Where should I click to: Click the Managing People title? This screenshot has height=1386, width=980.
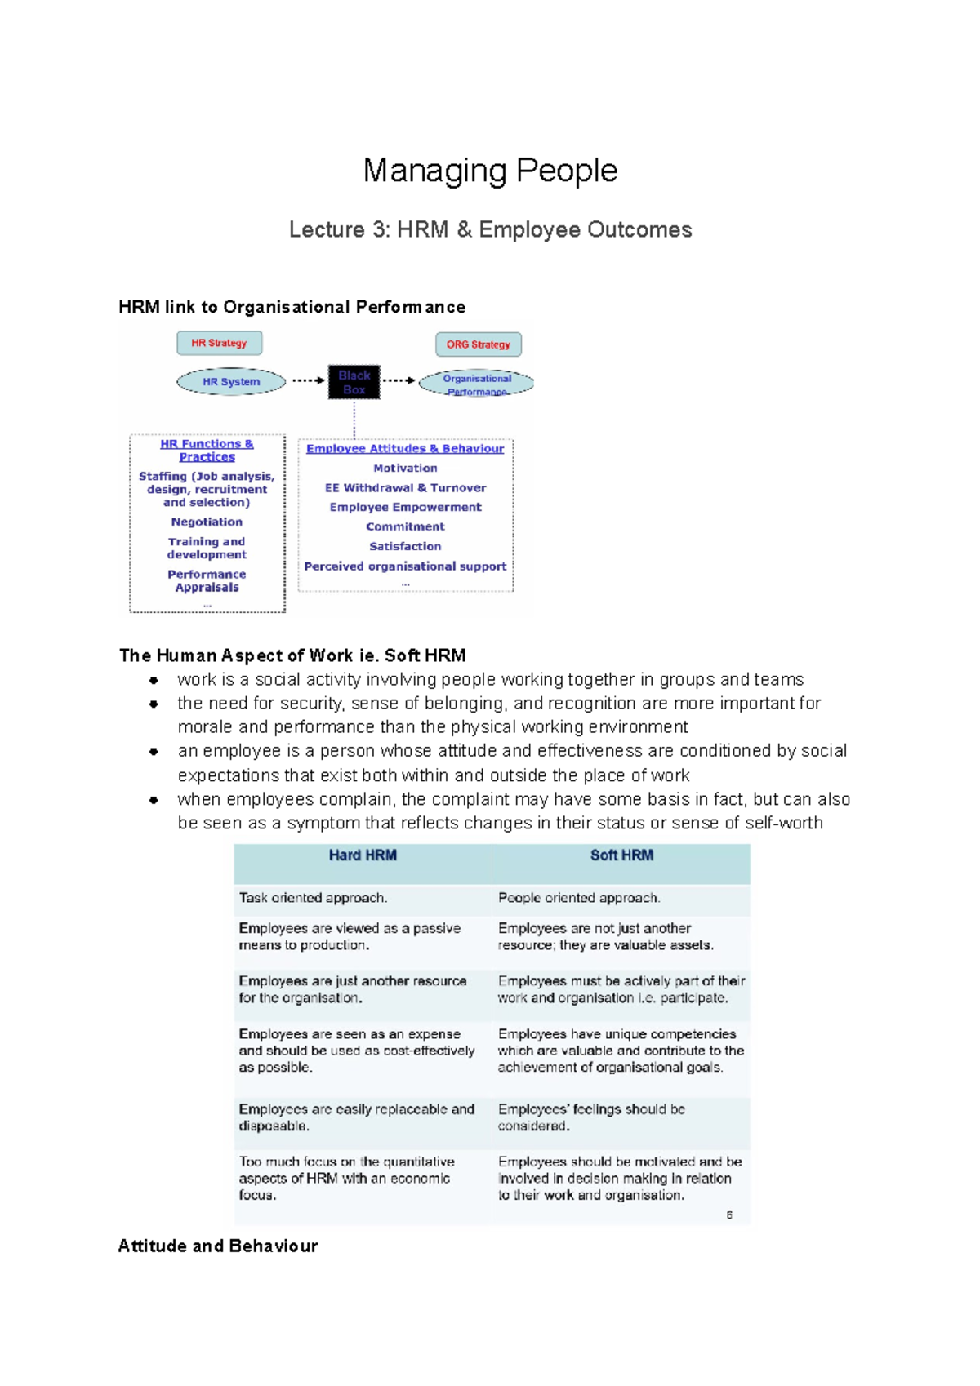pyautogui.click(x=490, y=171)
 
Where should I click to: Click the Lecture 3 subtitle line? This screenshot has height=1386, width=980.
pyautogui.click(x=490, y=229)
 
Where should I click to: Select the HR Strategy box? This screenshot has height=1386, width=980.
pyautogui.click(x=219, y=343)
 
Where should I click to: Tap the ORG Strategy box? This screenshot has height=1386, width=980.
pyautogui.click(x=478, y=344)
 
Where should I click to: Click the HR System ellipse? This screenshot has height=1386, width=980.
pyautogui.click(x=231, y=381)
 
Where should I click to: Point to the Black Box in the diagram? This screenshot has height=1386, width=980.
pyautogui.click(x=354, y=382)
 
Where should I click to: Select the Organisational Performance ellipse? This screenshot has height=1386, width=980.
pyautogui.click(x=477, y=384)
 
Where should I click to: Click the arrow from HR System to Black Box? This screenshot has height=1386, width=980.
pyautogui.click(x=308, y=380)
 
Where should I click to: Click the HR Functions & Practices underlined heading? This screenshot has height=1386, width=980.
pyautogui.click(x=207, y=450)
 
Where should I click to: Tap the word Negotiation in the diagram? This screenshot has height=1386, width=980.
pyautogui.click(x=207, y=522)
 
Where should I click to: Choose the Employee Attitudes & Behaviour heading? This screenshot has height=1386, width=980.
pyautogui.click(x=405, y=448)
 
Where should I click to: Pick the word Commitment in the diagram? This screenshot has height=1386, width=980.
pyautogui.click(x=405, y=526)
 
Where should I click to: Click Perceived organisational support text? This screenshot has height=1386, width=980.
pyautogui.click(x=405, y=566)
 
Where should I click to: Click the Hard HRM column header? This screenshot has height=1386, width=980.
pyautogui.click(x=363, y=855)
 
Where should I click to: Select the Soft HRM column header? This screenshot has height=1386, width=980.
pyautogui.click(x=621, y=855)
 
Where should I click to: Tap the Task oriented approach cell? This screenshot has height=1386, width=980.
pyautogui.click(x=313, y=898)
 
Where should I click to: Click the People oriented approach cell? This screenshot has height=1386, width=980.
pyautogui.click(x=579, y=898)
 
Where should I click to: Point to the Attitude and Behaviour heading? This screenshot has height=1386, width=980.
pyautogui.click(x=217, y=1246)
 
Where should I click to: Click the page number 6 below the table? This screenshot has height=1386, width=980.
pyautogui.click(x=729, y=1215)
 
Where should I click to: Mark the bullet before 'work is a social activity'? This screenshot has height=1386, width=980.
pyautogui.click(x=154, y=680)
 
